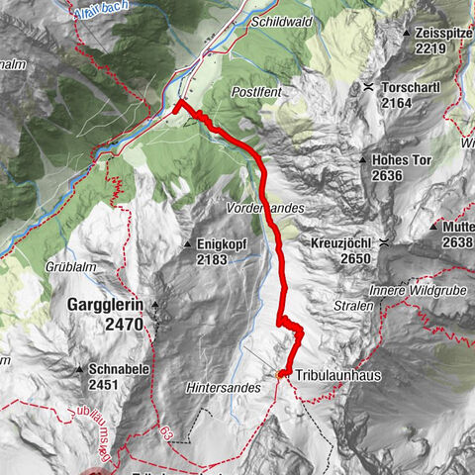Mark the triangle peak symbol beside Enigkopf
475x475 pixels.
(187, 243)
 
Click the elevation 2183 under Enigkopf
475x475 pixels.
(212, 259)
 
